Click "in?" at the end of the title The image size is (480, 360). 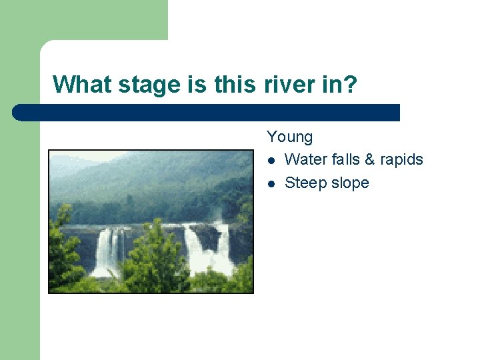click(341, 85)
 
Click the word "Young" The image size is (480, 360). click(289, 137)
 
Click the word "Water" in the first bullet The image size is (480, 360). click(305, 160)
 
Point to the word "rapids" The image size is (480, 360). click(401, 160)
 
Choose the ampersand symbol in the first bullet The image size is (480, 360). click(370, 160)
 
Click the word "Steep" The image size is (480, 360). click(305, 183)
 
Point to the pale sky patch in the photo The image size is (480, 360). click(73, 160)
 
